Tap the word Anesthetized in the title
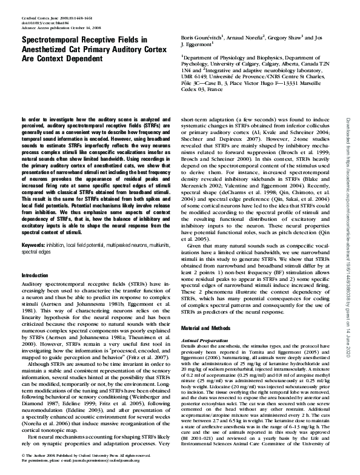52,49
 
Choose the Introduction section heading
36,275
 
